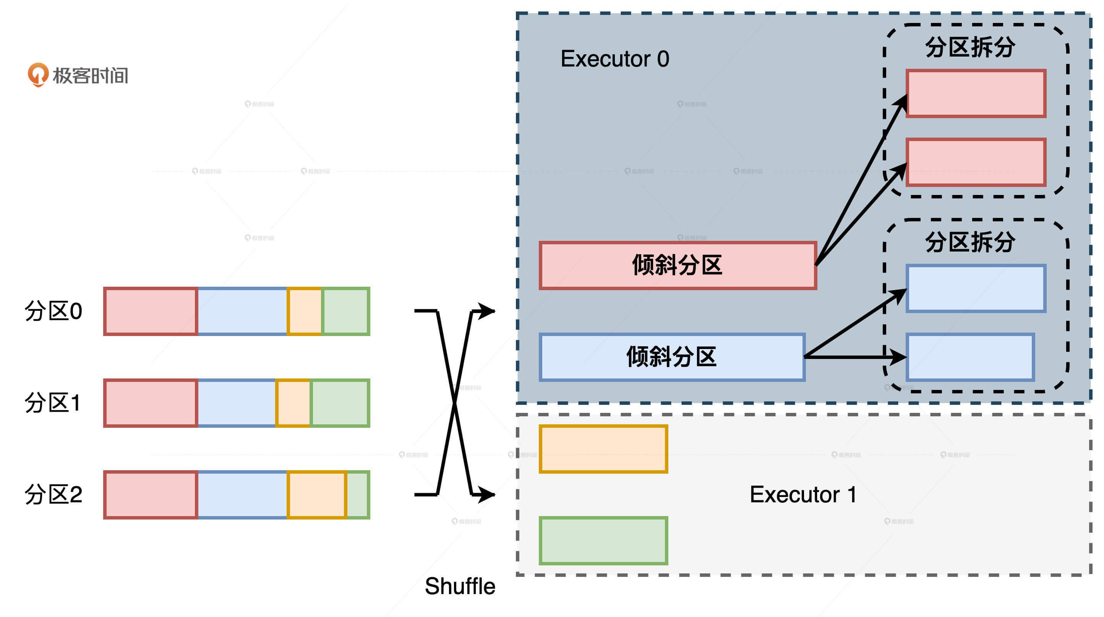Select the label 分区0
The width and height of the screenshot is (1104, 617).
pyautogui.click(x=53, y=311)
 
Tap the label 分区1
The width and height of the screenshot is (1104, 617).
pyautogui.click(x=52, y=403)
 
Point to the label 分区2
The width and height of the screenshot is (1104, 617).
pyautogui.click(x=53, y=494)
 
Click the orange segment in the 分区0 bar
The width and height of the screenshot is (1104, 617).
pyautogui.click(x=305, y=311)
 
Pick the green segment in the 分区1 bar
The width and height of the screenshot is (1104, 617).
pyautogui.click(x=340, y=403)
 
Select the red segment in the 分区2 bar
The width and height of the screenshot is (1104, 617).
pyautogui.click(x=151, y=494)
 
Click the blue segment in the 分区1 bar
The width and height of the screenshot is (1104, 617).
pyautogui.click(x=237, y=403)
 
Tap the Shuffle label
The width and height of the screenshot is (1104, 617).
pyautogui.click(x=460, y=586)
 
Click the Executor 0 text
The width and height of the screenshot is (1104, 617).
pyautogui.click(x=614, y=59)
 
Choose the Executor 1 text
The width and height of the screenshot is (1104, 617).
pyautogui.click(x=803, y=494)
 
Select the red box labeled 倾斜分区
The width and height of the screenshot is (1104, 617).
pyautogui.click(x=678, y=265)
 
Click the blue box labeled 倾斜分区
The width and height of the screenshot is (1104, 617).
pyautogui.click(x=671, y=357)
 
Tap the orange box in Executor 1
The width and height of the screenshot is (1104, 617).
pyautogui.click(x=603, y=448)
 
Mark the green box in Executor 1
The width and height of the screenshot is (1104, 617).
pyautogui.click(x=603, y=540)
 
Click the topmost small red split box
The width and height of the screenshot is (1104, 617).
pyautogui.click(x=976, y=94)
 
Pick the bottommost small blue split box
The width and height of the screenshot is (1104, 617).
pyautogui.click(x=970, y=357)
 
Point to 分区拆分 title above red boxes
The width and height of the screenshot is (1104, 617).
pyautogui.click(x=970, y=47)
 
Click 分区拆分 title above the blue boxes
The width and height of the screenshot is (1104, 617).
pyautogui.click(x=970, y=242)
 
